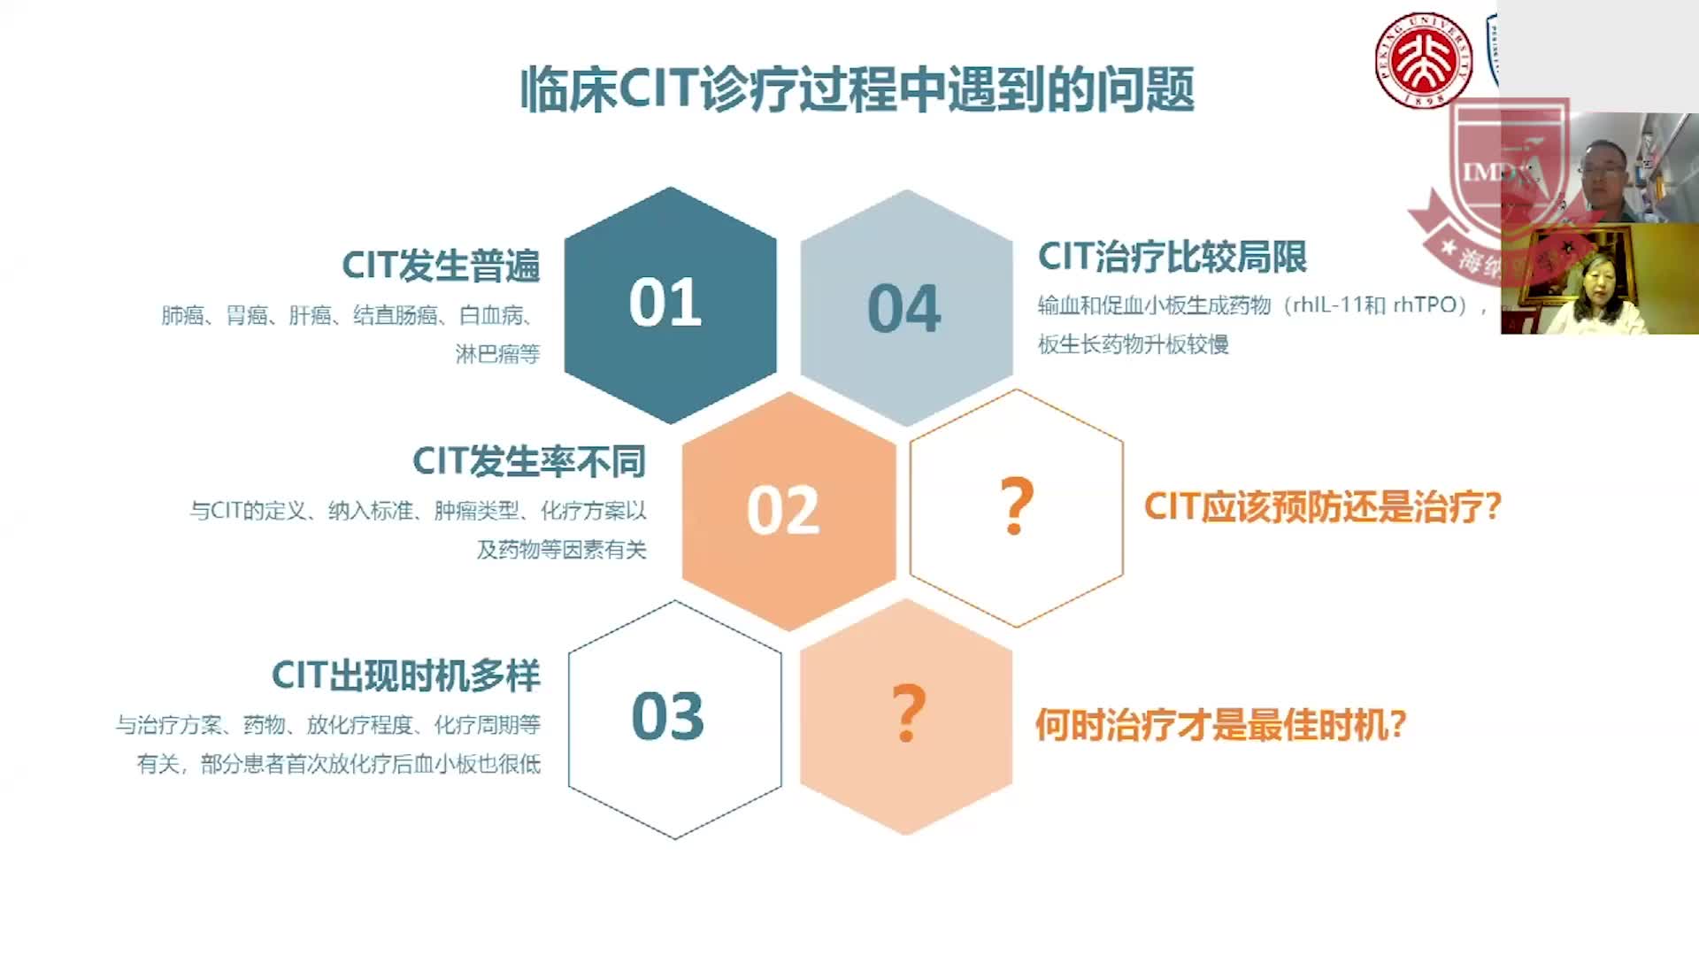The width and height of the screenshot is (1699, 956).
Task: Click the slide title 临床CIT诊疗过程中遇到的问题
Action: coord(857,89)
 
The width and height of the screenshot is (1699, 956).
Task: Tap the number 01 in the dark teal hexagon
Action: coord(665,303)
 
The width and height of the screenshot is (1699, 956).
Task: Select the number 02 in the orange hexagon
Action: coord(783,511)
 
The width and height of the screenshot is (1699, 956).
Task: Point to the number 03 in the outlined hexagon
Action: coord(668,716)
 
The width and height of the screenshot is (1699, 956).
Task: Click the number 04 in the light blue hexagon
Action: coord(903,309)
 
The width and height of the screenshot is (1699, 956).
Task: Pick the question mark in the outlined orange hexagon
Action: coord(1016,506)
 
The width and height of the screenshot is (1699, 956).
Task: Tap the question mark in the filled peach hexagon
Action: coord(908,713)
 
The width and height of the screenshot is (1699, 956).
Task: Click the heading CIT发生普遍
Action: coord(441,266)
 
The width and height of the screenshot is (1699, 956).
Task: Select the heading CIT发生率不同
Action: coord(529,461)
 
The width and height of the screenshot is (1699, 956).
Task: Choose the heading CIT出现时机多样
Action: coord(405,675)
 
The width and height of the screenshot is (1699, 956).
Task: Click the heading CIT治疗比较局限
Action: coord(1172,257)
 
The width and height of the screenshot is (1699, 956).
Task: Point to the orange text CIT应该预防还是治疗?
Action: coord(1322,507)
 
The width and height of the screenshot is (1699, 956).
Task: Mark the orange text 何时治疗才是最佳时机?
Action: coord(1220,725)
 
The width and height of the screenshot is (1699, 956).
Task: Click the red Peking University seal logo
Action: coord(1423,60)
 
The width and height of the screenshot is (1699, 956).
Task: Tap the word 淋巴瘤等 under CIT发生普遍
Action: coord(497,354)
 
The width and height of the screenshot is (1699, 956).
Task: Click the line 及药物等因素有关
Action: coord(562,550)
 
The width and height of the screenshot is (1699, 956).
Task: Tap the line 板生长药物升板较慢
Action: coord(1133,344)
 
